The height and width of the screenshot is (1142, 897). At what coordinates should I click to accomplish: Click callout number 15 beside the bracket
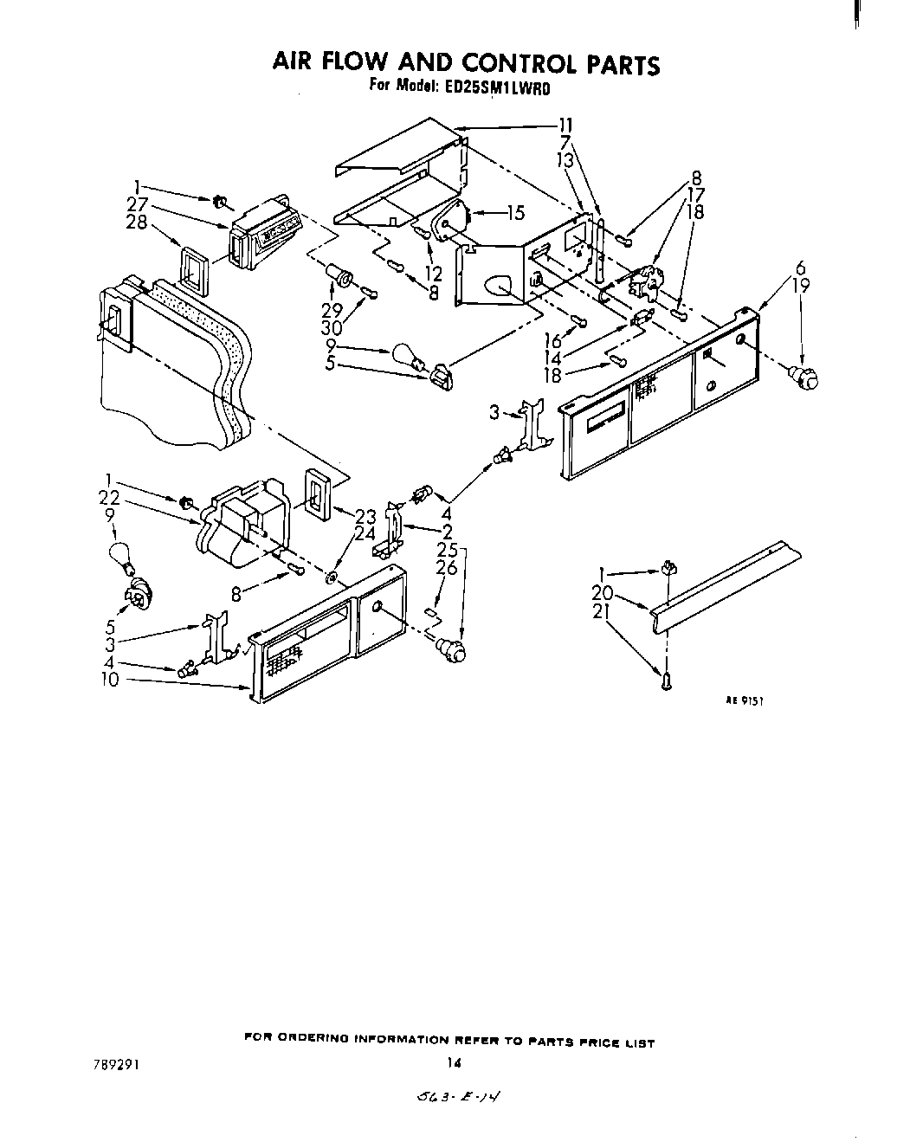pyautogui.click(x=515, y=210)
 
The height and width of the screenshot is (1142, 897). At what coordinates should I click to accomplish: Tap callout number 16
pyautogui.click(x=552, y=342)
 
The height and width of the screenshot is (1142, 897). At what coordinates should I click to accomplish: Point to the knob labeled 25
pyautogui.click(x=450, y=645)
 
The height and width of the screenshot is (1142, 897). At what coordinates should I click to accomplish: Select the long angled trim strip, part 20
pyautogui.click(x=727, y=576)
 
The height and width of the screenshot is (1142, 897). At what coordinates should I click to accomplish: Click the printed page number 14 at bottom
pyautogui.click(x=449, y=1062)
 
